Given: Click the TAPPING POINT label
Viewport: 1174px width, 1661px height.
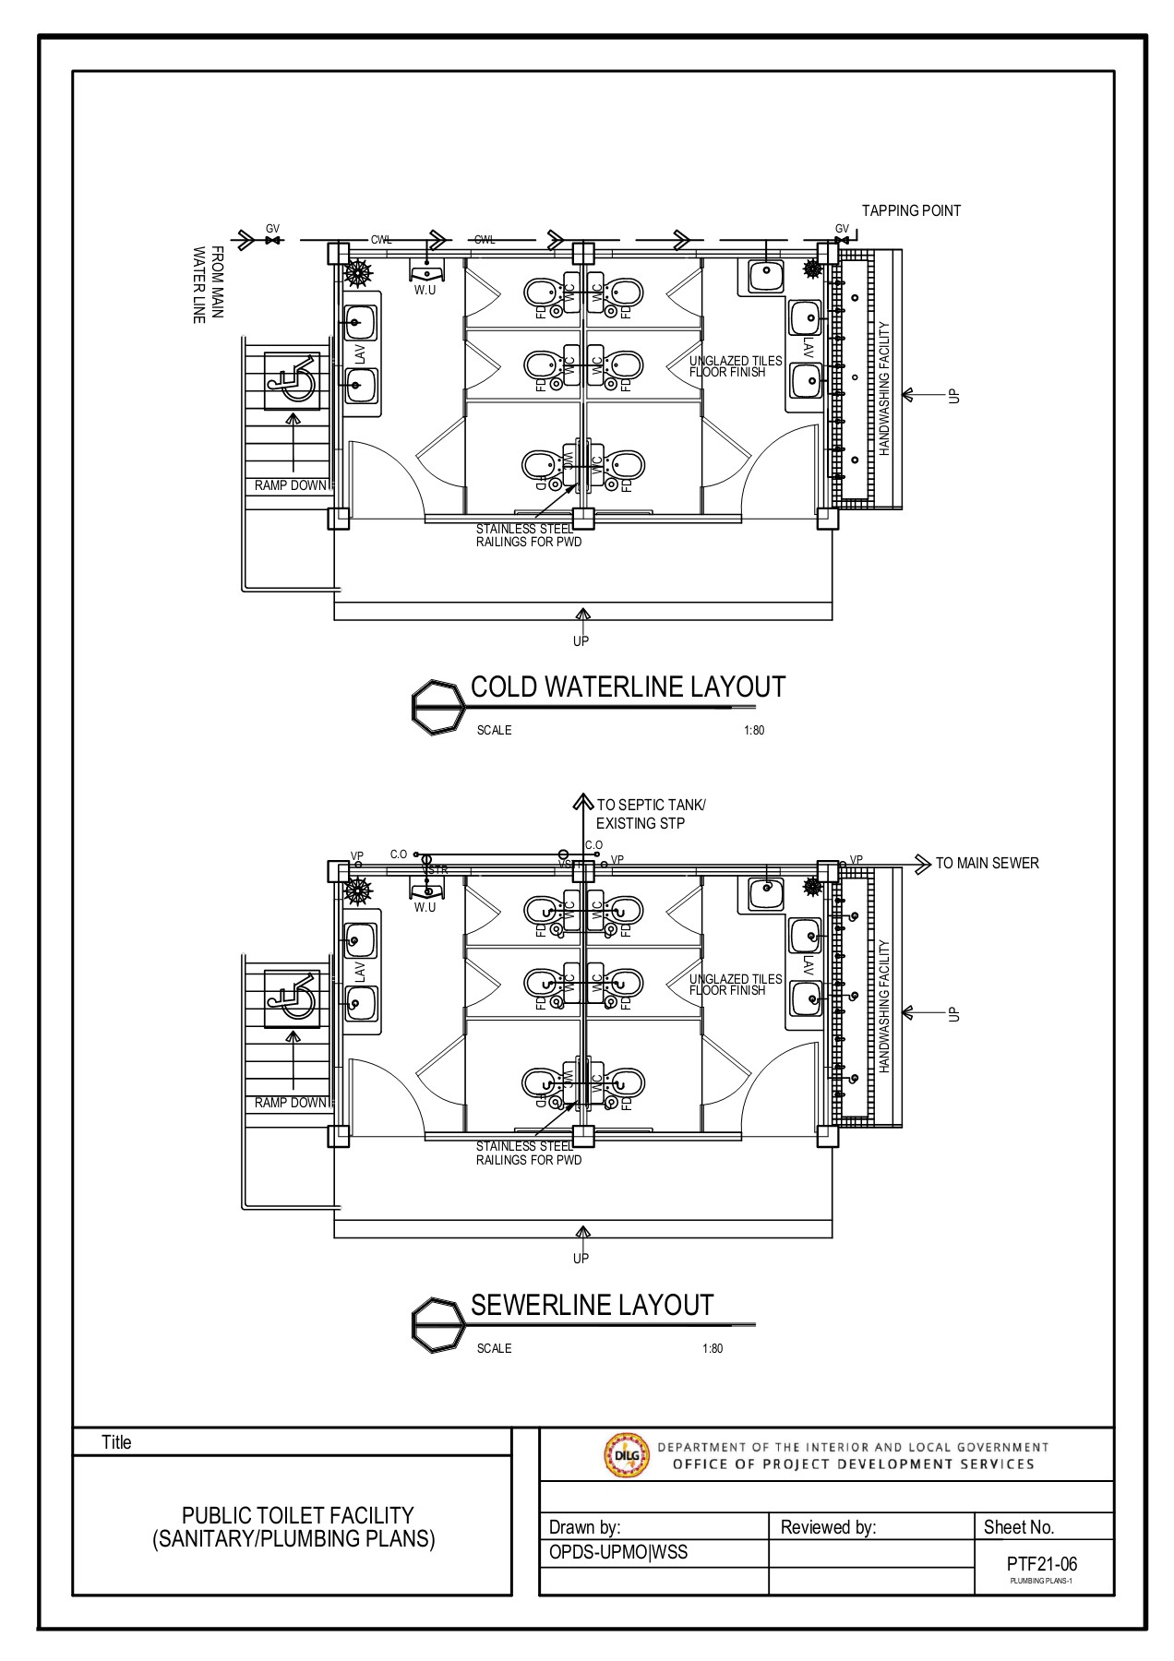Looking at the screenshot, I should click(x=911, y=210).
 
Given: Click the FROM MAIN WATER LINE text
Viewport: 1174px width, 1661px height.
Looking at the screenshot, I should click(x=208, y=284).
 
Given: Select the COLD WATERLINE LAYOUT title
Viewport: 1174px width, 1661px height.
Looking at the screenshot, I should click(x=628, y=687).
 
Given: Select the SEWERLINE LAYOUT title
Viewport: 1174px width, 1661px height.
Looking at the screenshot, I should click(x=592, y=1305).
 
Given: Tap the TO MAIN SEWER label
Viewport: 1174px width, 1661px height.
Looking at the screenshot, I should click(x=987, y=863).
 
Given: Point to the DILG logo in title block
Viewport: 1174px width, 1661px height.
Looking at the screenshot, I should click(x=626, y=1455).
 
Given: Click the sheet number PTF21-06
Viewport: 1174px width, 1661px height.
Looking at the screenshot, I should click(x=1042, y=1564).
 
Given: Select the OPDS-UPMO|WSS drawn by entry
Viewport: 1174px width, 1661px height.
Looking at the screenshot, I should click(x=617, y=1552).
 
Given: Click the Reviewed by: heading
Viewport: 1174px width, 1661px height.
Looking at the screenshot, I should click(x=828, y=1527).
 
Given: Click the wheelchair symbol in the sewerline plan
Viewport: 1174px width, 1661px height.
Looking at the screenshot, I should click(x=293, y=998).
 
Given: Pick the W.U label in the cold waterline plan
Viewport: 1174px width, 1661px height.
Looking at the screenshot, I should click(x=425, y=291).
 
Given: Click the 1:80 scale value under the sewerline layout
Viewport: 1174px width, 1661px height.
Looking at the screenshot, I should click(x=712, y=1348).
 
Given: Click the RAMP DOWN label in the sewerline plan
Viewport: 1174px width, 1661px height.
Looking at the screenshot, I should click(x=291, y=1103).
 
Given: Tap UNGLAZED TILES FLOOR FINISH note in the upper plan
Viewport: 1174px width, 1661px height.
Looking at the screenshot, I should click(x=736, y=366).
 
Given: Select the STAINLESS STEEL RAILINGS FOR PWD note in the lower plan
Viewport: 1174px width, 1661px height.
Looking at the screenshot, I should click(x=528, y=1153).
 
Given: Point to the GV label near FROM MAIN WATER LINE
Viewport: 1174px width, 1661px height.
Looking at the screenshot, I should click(x=272, y=228).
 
